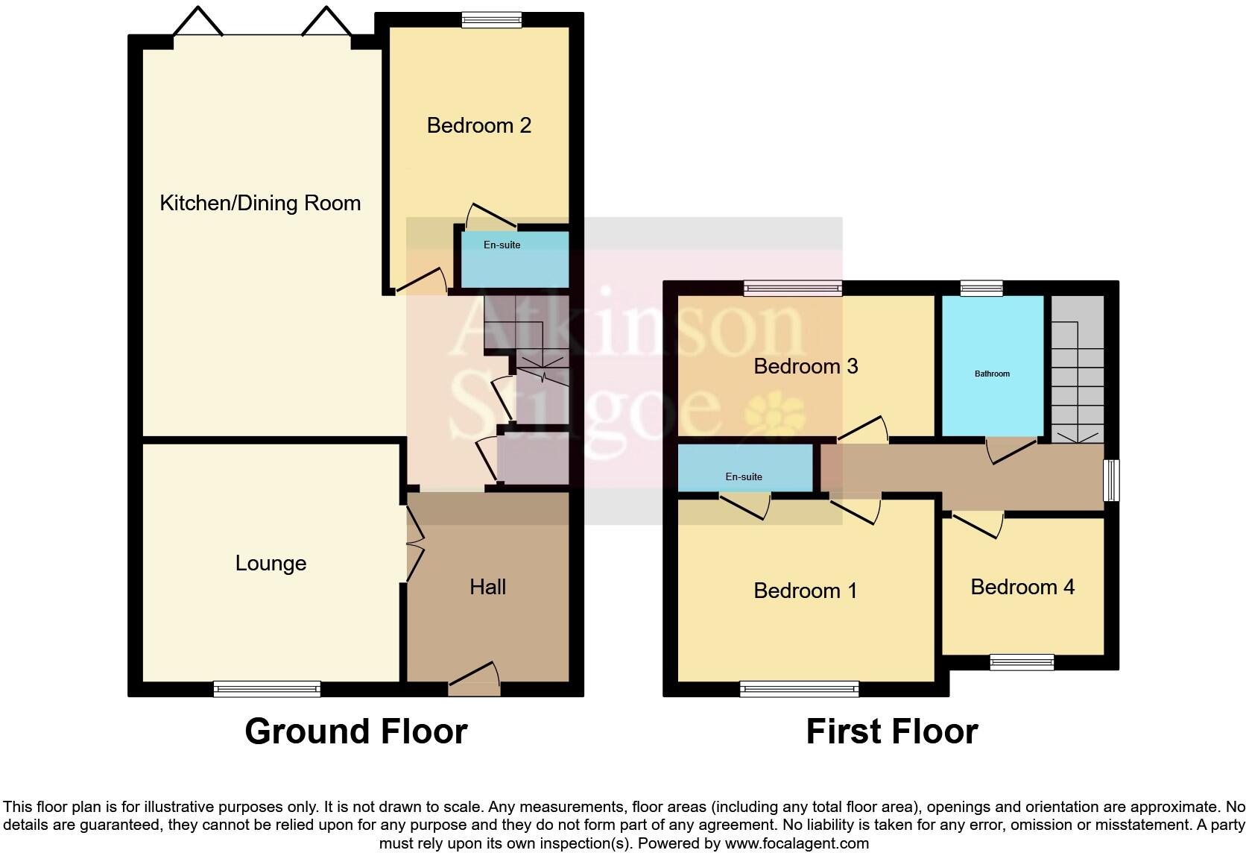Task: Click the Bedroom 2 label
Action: tap(478, 125)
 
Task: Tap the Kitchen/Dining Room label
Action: tap(260, 203)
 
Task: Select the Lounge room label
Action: tap(271, 563)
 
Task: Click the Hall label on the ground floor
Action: tap(487, 587)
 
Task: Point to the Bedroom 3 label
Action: tap(806, 366)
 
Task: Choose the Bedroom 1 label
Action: tap(805, 591)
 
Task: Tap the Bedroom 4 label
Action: tap(1022, 587)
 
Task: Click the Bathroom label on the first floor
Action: tap(992, 374)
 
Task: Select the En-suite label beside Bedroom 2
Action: tap(502, 245)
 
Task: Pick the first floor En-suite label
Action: tap(744, 477)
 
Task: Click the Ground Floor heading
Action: tap(355, 731)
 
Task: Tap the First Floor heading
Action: tap(891, 731)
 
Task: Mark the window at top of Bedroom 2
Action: tap(491, 20)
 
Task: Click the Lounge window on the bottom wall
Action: tap(267, 689)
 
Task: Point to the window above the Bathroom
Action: tap(981, 288)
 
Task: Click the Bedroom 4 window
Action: tap(1022, 661)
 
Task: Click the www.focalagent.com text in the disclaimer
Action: tap(797, 844)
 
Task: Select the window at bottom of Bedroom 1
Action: tap(799, 689)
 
